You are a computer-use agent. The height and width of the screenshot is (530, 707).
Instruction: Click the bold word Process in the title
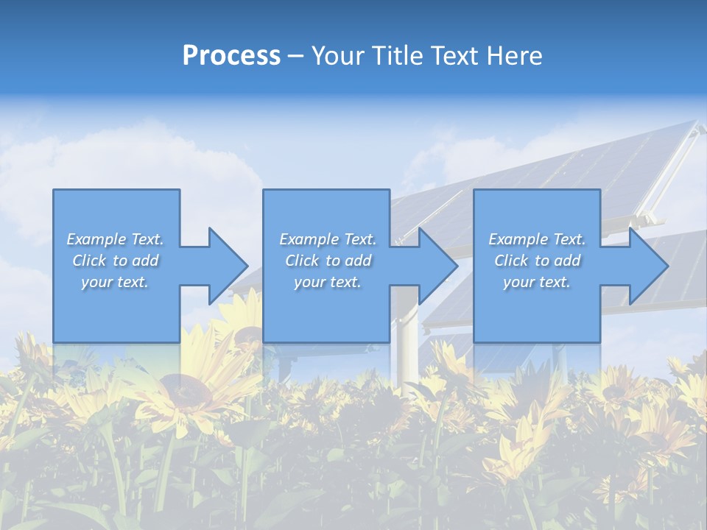click(231, 56)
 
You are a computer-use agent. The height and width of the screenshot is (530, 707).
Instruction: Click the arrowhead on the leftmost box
click(225, 266)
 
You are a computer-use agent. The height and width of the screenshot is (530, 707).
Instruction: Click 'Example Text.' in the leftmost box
click(115, 239)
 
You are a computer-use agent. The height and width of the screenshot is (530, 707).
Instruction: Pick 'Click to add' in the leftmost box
click(115, 261)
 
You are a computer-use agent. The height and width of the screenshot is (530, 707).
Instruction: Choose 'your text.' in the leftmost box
click(115, 282)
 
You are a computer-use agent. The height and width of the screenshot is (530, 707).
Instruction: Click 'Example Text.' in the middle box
click(328, 239)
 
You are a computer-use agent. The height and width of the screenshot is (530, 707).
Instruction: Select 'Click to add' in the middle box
click(328, 261)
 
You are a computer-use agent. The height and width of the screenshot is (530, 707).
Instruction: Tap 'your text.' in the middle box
click(328, 282)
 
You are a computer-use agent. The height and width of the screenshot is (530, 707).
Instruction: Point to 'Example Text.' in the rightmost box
click(537, 239)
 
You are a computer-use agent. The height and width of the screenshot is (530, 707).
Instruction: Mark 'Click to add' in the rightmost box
click(537, 261)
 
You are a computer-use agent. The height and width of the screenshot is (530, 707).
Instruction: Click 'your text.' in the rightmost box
click(537, 282)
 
